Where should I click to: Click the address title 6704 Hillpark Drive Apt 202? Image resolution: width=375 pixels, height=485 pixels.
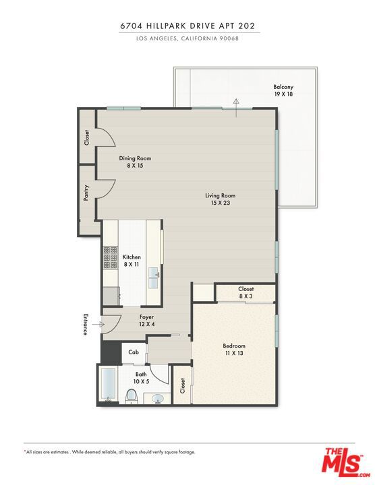pyautogui.click(x=187, y=26)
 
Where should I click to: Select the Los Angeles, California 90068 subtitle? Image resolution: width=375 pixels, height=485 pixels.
pyautogui.click(x=187, y=38)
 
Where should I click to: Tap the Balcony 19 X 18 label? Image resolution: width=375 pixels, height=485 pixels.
pyautogui.click(x=283, y=91)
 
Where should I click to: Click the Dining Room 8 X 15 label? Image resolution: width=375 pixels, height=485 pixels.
pyautogui.click(x=135, y=162)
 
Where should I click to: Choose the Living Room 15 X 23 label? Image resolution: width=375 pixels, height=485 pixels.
pyautogui.click(x=221, y=199)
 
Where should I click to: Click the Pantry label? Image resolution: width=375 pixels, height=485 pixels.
pyautogui.click(x=86, y=193)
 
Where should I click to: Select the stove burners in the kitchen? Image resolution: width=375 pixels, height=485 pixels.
pyautogui.click(x=110, y=258)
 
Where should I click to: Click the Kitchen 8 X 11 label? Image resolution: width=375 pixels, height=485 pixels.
pyautogui.click(x=132, y=261)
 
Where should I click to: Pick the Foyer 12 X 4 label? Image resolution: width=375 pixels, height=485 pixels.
pyautogui.click(x=146, y=320)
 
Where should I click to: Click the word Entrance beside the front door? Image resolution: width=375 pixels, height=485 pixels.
pyautogui.click(x=86, y=325)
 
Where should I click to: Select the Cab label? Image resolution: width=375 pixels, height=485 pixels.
pyautogui.click(x=134, y=352)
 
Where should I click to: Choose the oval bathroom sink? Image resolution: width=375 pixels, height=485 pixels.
pyautogui.click(x=158, y=399)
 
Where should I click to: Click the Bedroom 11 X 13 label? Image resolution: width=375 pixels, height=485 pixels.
pyautogui.click(x=234, y=350)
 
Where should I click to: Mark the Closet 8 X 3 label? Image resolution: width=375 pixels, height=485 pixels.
pyautogui.click(x=246, y=292)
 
